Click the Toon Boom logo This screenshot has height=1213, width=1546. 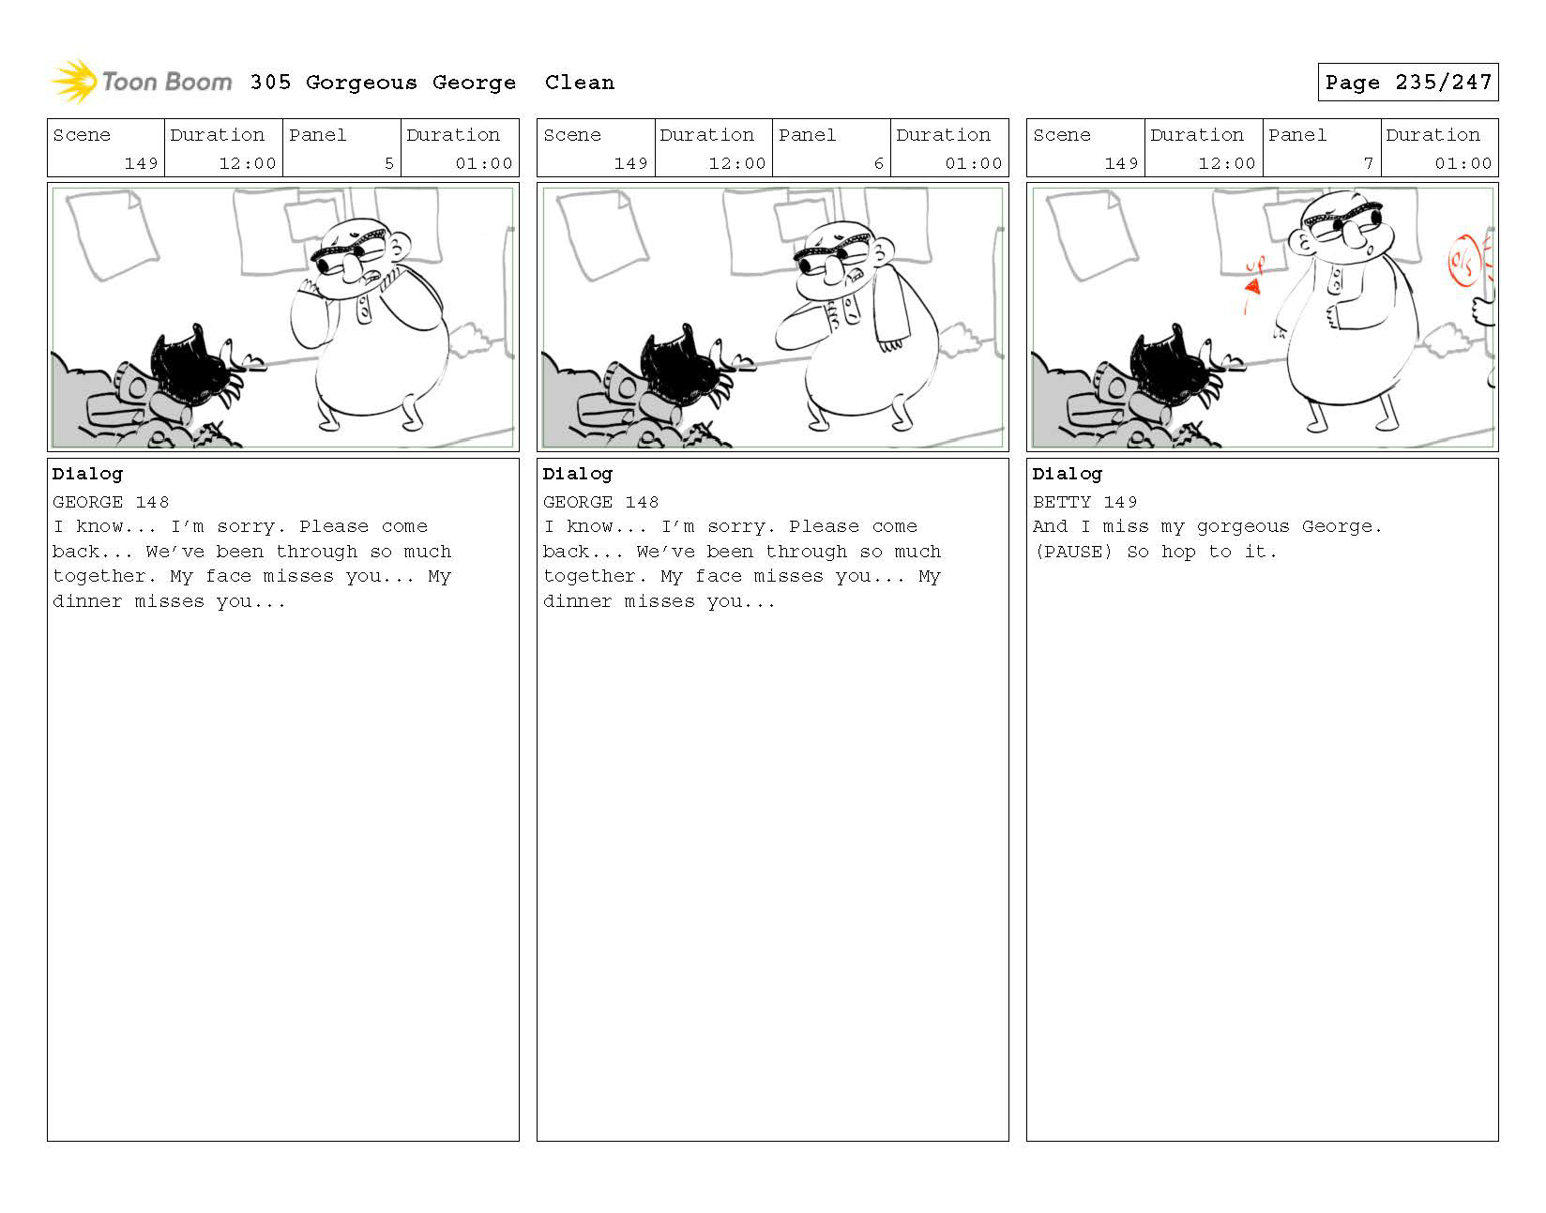[x=141, y=82]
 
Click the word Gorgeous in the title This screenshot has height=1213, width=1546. [x=361, y=83]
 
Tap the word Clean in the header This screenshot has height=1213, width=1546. [x=579, y=83]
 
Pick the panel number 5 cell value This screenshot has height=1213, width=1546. [x=388, y=163]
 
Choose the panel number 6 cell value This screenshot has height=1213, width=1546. [x=879, y=163]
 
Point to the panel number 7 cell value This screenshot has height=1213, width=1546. [x=1368, y=163]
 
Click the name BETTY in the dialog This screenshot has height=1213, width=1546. [x=1062, y=502]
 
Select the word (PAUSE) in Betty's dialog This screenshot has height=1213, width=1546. [x=1073, y=552]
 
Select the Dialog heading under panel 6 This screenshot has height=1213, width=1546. [x=577, y=474]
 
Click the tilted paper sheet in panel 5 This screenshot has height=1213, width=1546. [x=113, y=234]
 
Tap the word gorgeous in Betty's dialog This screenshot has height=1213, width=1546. [x=1242, y=527]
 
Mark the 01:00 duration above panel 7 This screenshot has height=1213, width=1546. [x=1463, y=163]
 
